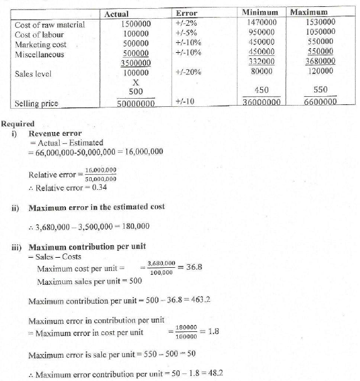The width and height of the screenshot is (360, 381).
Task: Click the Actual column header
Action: tap(117, 13)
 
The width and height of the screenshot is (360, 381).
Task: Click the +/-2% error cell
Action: tap(187, 24)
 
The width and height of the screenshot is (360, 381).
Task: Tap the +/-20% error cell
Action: tap(188, 72)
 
